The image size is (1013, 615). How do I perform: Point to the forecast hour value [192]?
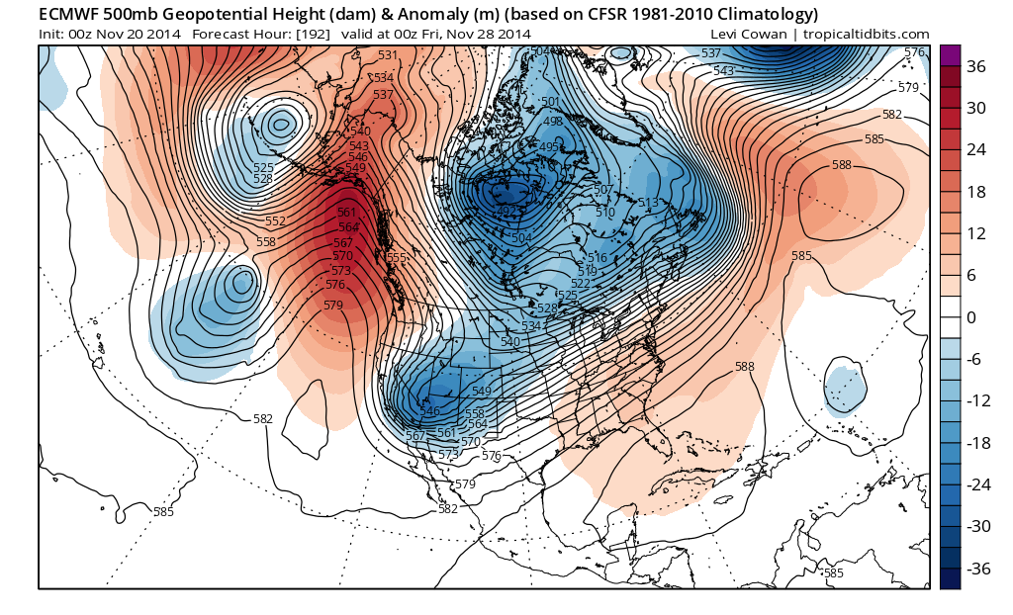click(302, 34)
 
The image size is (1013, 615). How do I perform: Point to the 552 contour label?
click(276, 221)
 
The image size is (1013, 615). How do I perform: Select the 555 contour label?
click(397, 258)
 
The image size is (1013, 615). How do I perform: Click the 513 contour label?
click(649, 203)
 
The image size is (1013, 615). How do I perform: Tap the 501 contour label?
click(551, 102)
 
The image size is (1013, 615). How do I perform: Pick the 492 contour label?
click(505, 210)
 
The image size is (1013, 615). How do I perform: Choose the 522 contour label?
click(581, 283)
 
